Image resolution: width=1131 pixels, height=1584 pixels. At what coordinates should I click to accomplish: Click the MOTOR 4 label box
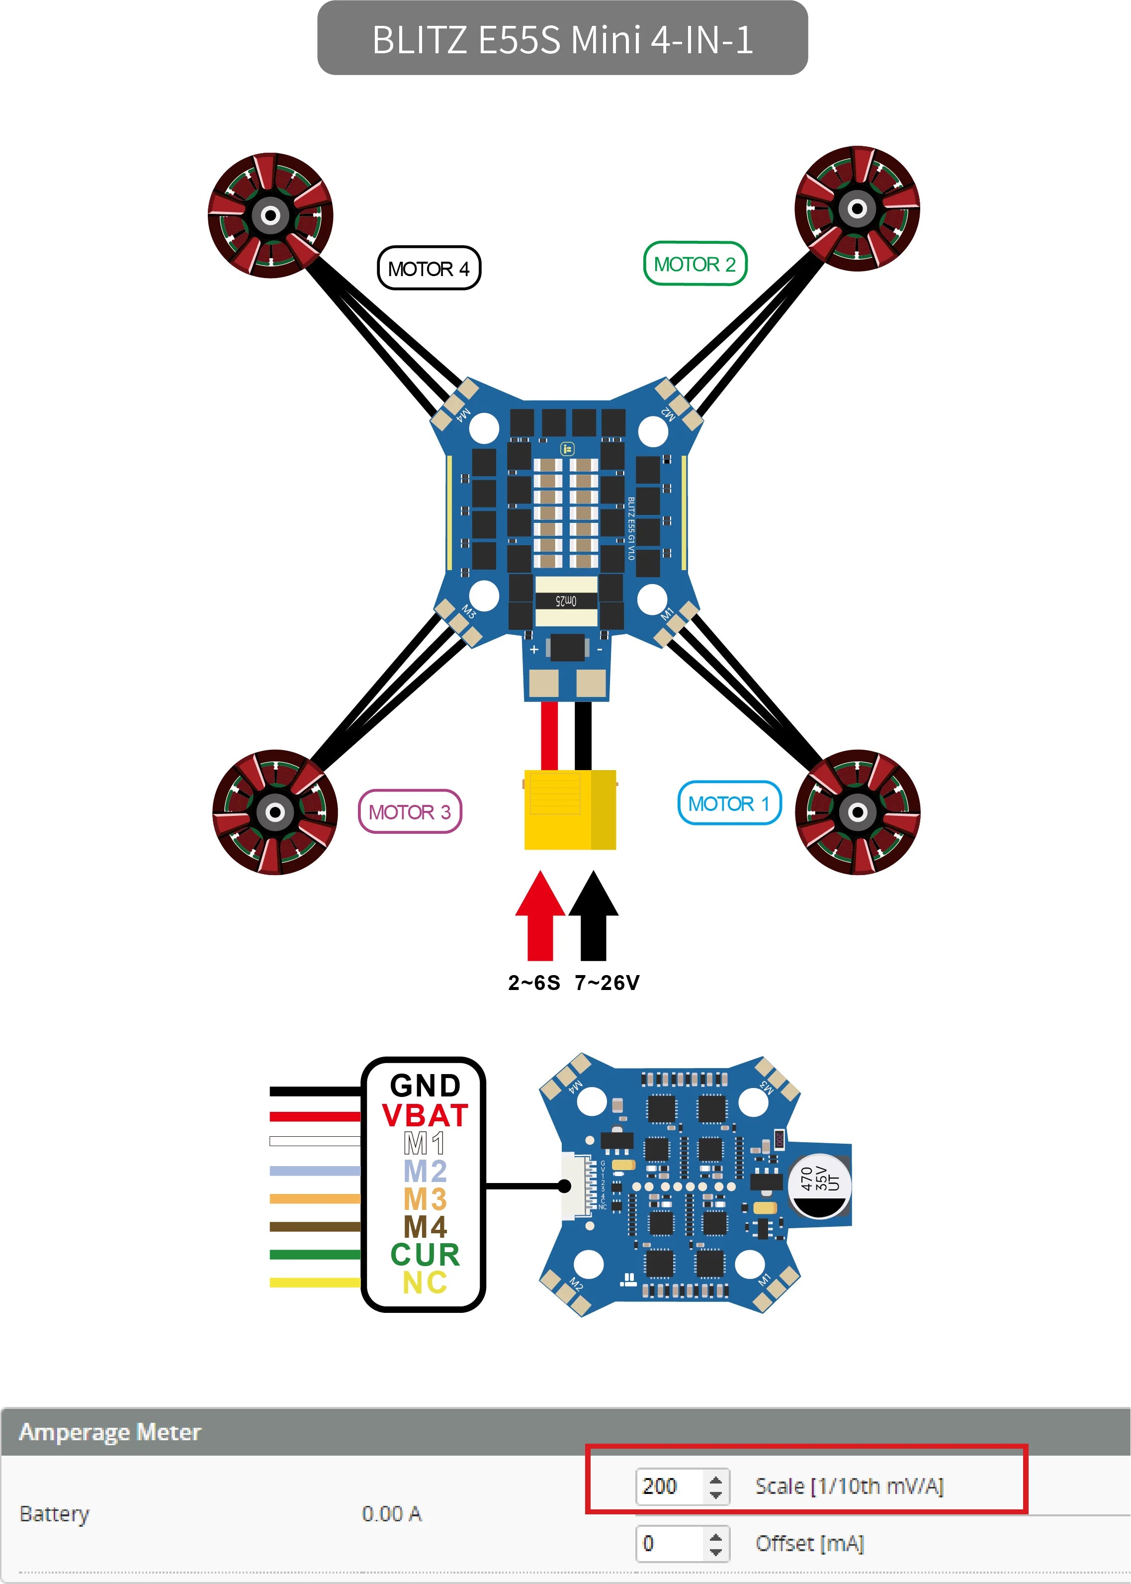coord(429,268)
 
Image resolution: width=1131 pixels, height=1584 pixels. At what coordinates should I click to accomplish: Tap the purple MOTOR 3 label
coord(410,812)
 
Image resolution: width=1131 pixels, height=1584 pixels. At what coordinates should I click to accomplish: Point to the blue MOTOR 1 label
coord(728,803)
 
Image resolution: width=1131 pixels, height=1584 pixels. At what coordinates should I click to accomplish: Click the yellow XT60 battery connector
coord(570,810)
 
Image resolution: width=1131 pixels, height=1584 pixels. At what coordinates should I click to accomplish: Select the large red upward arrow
coord(540,916)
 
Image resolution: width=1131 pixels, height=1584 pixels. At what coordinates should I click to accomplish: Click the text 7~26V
coord(607,983)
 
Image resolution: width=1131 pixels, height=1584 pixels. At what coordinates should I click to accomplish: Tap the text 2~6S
coord(533,983)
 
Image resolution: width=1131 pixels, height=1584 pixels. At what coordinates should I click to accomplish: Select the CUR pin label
coord(425,1254)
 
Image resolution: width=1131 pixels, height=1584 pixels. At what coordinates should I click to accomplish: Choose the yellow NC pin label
coord(425,1282)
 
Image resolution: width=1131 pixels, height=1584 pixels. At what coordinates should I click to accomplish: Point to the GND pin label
coord(425,1086)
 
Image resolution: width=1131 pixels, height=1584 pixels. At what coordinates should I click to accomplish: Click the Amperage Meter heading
coord(110,1432)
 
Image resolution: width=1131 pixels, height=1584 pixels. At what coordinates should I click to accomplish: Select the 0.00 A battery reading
coord(391,1514)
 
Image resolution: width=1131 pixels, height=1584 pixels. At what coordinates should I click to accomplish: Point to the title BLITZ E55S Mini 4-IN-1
coord(563,39)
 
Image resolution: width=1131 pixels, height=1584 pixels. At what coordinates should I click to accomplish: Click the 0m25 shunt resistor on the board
coord(566,600)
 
